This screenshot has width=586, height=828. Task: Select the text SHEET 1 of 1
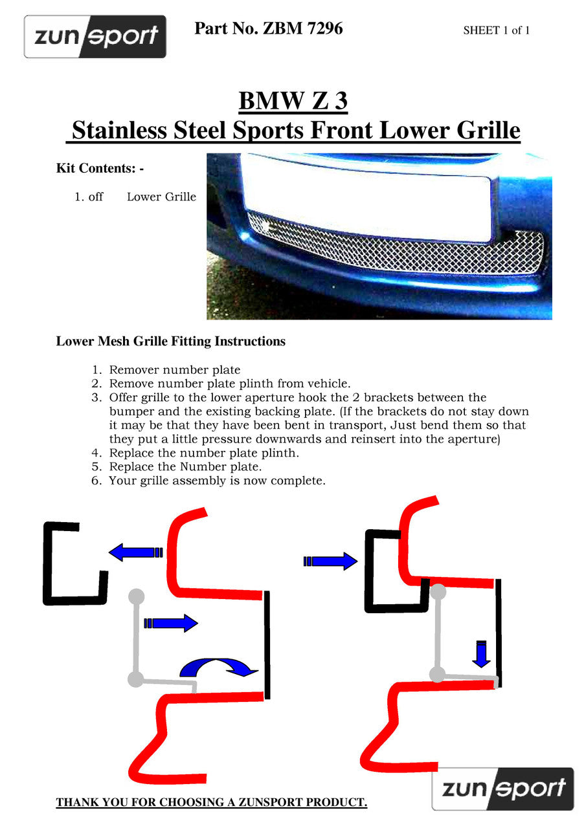pos(496,30)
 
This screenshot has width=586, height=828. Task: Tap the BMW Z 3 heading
pos(293,101)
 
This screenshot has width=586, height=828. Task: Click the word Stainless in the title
pos(117,130)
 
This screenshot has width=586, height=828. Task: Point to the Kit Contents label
pos(100,168)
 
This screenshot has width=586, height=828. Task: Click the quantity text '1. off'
pos(89,197)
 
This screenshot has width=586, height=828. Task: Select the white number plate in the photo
pos(366,197)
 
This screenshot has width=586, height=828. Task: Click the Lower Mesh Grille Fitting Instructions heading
pos(170,341)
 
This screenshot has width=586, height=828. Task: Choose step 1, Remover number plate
pos(174,370)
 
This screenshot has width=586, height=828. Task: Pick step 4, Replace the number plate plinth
pos(203,453)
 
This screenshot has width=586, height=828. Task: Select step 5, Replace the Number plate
pos(185,466)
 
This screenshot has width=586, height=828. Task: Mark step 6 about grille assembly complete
pos(216,481)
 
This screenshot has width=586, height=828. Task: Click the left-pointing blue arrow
pos(135,552)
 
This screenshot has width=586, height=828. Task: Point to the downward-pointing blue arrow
pos(480,653)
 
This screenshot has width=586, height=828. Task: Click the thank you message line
pos(211,803)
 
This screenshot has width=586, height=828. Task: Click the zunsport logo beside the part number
pos(95,37)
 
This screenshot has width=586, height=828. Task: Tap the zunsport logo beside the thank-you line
pos(502,789)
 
